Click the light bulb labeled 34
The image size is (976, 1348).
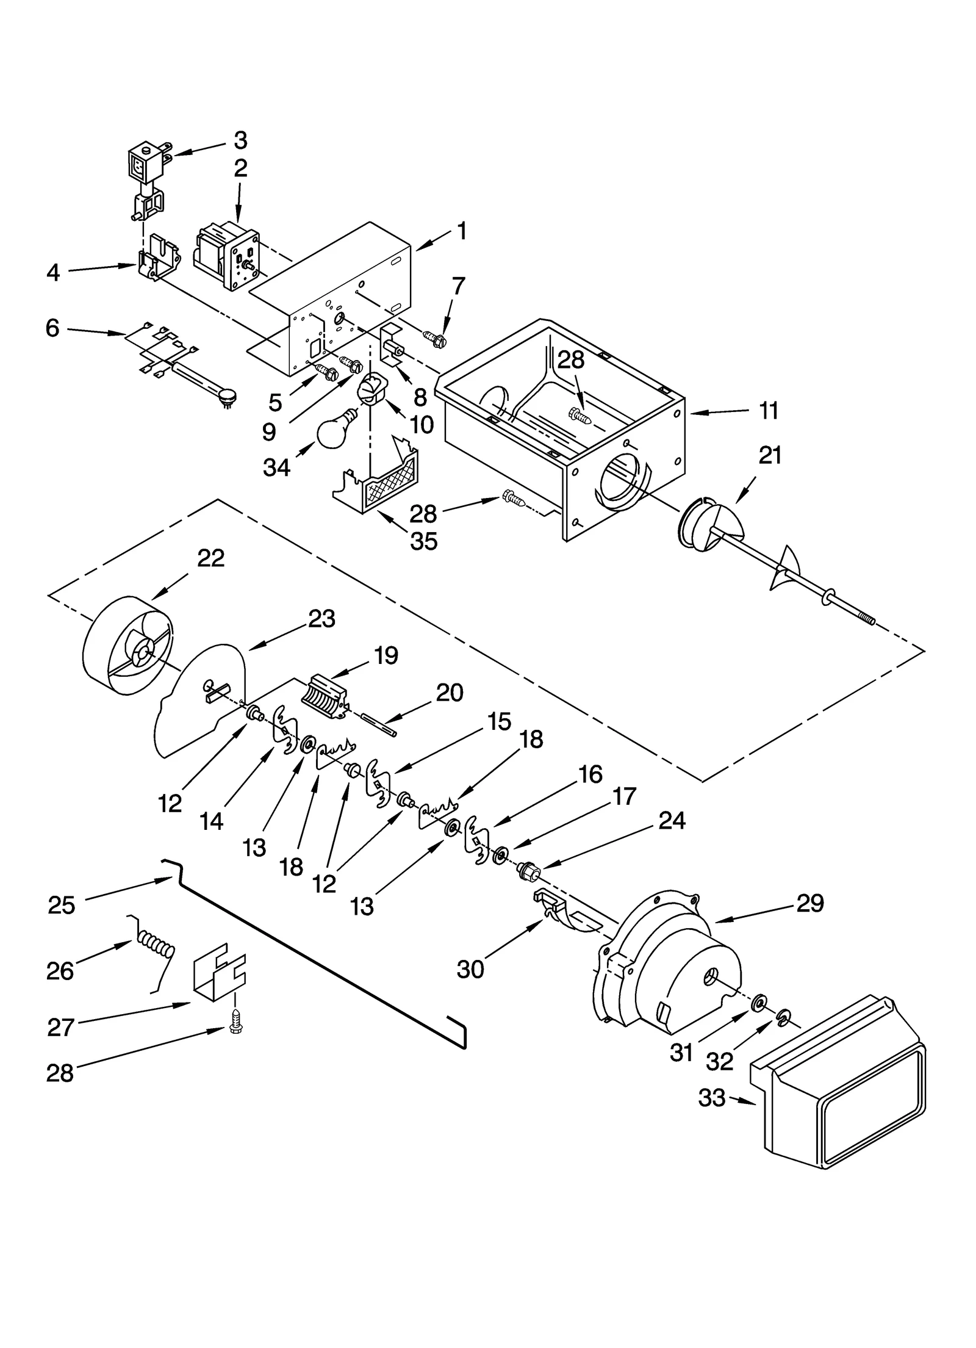tap(334, 429)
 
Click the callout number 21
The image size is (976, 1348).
tap(769, 455)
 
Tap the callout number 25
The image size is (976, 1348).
tap(61, 905)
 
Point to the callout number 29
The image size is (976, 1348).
tap(809, 903)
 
